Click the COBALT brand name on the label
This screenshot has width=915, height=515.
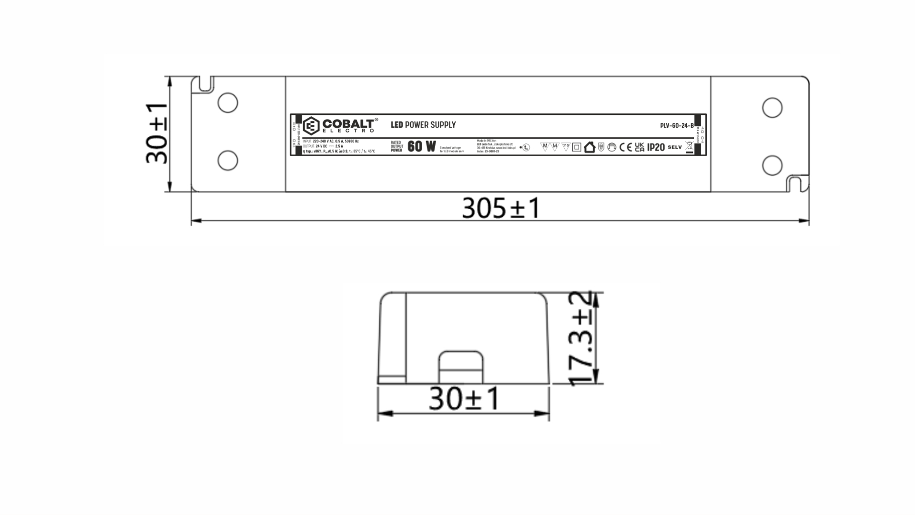(348, 124)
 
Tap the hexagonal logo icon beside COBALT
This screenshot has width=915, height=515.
(311, 126)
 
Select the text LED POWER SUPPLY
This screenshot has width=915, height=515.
(423, 125)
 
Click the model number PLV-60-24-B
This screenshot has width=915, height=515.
(676, 126)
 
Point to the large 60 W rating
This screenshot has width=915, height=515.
(422, 146)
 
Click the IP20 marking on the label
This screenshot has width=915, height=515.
(656, 147)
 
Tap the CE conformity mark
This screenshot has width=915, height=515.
(625, 147)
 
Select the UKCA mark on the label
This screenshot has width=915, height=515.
(640, 147)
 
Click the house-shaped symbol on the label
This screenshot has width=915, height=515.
(590, 147)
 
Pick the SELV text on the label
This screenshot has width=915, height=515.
(675, 147)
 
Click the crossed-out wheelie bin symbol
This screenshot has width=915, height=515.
(689, 146)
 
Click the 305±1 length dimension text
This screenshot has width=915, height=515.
(501, 208)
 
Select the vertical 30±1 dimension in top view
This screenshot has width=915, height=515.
(157, 134)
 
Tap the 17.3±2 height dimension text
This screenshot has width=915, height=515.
(581, 338)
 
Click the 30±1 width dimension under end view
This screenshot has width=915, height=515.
(464, 399)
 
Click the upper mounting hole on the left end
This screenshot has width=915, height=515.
(228, 103)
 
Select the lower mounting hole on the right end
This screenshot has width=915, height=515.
(772, 165)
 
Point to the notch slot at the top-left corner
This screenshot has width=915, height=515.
(206, 83)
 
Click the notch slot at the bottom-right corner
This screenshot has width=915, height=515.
(794, 184)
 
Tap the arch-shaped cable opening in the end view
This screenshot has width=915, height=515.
(460, 368)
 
